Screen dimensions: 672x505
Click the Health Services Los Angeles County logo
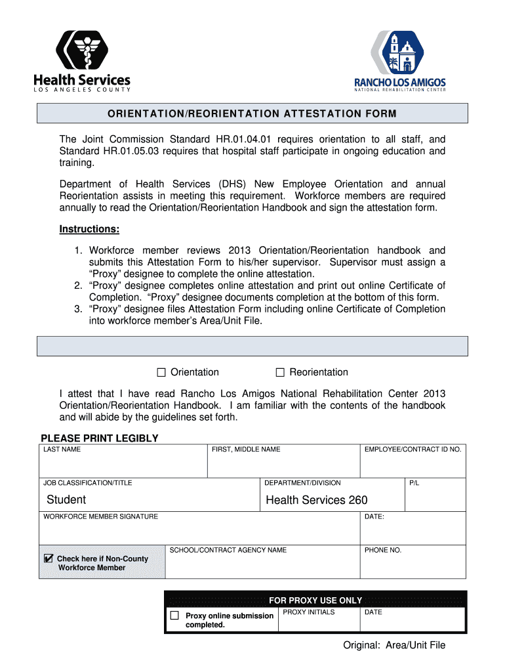(x=82, y=61)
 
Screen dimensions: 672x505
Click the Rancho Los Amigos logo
(x=399, y=61)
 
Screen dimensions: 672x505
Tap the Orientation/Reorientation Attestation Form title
(x=252, y=114)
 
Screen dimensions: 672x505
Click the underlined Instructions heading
(x=89, y=229)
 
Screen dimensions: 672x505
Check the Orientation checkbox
(x=161, y=373)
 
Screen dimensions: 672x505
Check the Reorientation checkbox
(x=280, y=373)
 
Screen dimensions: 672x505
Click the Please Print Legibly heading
(x=100, y=438)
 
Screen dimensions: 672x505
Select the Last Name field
(x=123, y=465)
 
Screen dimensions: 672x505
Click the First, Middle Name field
(x=283, y=465)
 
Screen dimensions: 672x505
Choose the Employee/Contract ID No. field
(x=413, y=465)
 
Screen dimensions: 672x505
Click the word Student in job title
(x=66, y=500)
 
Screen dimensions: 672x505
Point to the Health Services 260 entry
(x=317, y=500)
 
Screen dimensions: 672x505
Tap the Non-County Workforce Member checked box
(x=48, y=558)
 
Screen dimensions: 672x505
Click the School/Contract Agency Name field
(x=262, y=565)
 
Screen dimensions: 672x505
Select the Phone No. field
(x=413, y=565)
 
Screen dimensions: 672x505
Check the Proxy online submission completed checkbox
(x=174, y=616)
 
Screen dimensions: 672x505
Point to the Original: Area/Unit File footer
(x=394, y=645)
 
